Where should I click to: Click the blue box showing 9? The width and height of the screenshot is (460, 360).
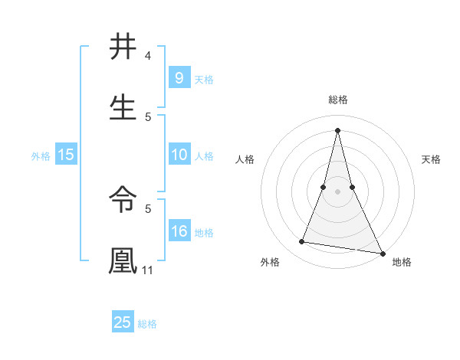[179, 77]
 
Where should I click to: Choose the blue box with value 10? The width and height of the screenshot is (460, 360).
[179, 155]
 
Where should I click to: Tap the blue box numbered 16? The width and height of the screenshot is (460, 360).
[179, 231]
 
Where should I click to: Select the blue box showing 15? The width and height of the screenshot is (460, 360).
[66, 155]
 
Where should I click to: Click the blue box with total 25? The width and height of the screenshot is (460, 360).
[123, 322]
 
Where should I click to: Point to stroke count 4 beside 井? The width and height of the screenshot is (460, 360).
[147, 56]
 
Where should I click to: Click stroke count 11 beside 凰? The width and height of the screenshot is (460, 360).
[148, 270]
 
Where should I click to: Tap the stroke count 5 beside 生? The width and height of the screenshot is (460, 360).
[148, 116]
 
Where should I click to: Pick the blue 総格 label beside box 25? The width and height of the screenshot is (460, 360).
[147, 324]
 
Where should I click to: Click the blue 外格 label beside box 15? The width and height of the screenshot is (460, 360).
[41, 156]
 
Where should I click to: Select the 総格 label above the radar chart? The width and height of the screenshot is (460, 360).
[337, 100]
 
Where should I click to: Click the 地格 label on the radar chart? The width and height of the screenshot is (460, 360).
[402, 262]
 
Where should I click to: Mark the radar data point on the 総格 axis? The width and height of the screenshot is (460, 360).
[337, 129]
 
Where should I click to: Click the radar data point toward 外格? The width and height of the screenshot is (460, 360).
[302, 242]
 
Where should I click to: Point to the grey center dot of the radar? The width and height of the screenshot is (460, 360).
[337, 191]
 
